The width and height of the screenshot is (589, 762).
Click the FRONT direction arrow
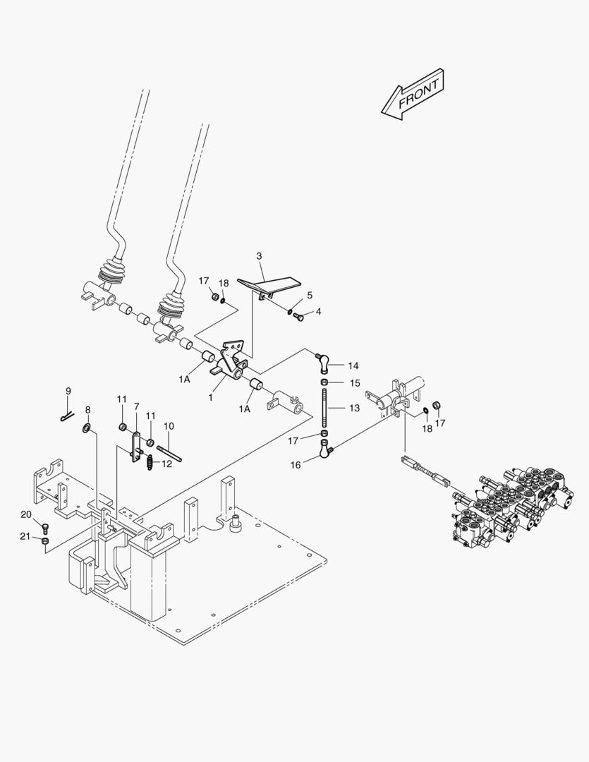(x=413, y=95)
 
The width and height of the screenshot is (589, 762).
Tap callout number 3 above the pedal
(x=259, y=255)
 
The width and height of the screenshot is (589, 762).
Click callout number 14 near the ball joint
(x=353, y=365)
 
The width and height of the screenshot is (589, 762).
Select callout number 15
(x=354, y=383)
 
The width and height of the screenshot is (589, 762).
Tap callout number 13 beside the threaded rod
(x=354, y=408)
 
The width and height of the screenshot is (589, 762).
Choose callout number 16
(x=294, y=466)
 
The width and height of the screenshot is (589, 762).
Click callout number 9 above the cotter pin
(x=68, y=391)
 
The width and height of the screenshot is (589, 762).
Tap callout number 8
(x=87, y=409)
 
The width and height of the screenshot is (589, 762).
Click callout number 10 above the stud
(x=169, y=426)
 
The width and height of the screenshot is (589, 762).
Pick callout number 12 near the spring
(x=166, y=464)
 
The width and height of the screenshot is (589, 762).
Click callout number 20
(x=26, y=514)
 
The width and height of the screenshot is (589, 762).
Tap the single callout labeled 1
(x=210, y=397)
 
